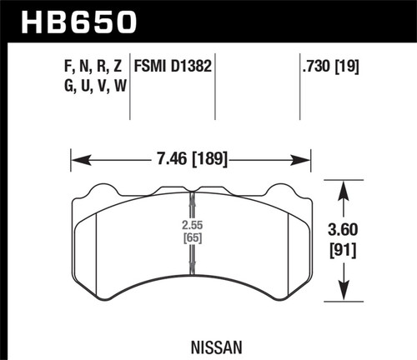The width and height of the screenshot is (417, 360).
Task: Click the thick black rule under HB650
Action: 208,40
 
